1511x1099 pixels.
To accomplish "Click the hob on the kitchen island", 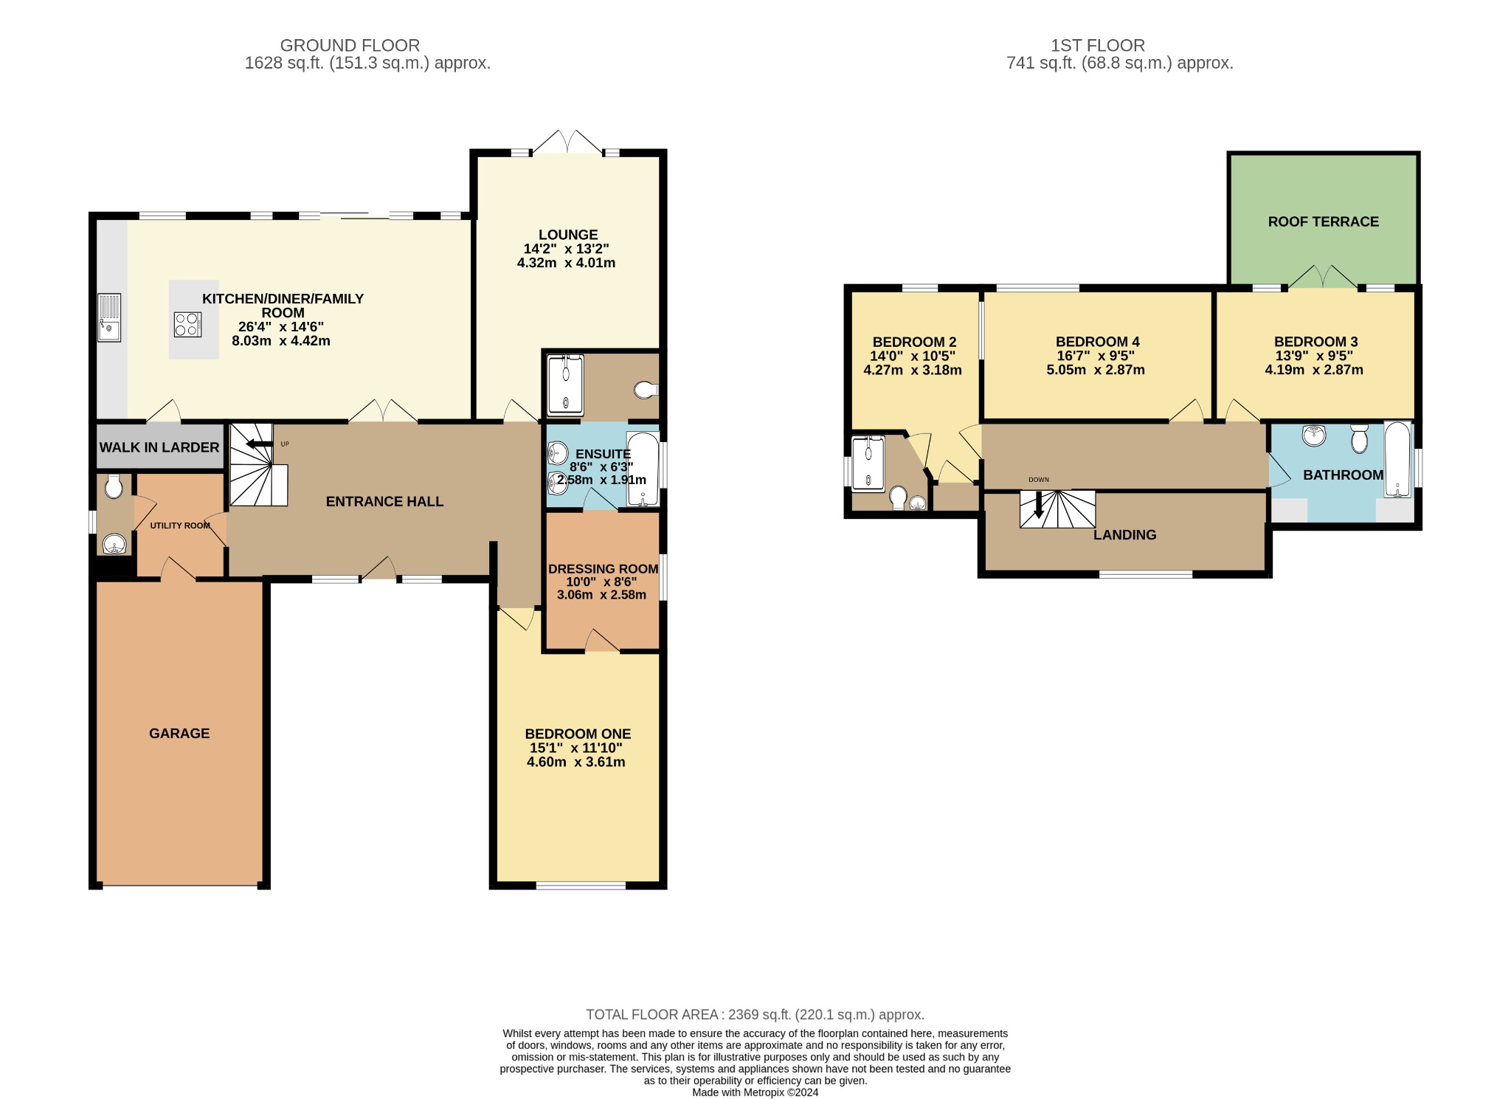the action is click(x=188, y=325).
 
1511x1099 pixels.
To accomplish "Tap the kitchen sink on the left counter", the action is click(x=108, y=318).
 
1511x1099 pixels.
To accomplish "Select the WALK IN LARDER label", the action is click(x=159, y=447).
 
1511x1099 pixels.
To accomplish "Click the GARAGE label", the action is click(x=179, y=733).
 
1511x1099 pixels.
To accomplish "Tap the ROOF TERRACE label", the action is click(x=1323, y=221).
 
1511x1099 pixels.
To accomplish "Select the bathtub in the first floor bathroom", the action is click(x=1397, y=459).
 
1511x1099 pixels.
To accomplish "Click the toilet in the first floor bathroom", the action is click(x=1359, y=438).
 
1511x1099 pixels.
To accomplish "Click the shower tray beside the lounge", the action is click(x=566, y=385).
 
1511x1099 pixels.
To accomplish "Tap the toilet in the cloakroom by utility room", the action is click(x=114, y=486).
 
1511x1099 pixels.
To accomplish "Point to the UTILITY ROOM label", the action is click(x=180, y=526).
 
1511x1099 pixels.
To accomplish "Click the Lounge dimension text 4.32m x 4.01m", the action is click(x=567, y=263).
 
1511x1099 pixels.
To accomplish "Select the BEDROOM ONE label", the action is click(x=578, y=734).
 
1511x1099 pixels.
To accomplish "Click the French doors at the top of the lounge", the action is click(x=568, y=142).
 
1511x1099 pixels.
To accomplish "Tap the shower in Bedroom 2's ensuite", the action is click(x=868, y=464).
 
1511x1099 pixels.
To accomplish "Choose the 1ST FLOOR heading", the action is click(x=1098, y=46).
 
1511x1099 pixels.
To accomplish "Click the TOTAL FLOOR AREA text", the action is click(x=755, y=1015).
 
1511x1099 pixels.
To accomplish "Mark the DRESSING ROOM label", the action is click(x=603, y=569).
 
